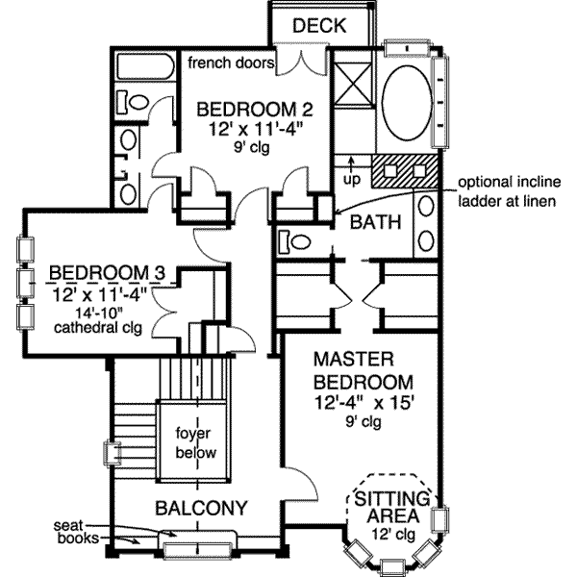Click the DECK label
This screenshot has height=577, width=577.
pos(318,25)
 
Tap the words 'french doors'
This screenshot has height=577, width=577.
pos(231,63)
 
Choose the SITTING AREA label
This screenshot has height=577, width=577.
pos(390,508)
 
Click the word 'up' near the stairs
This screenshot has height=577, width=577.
pos(352,177)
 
